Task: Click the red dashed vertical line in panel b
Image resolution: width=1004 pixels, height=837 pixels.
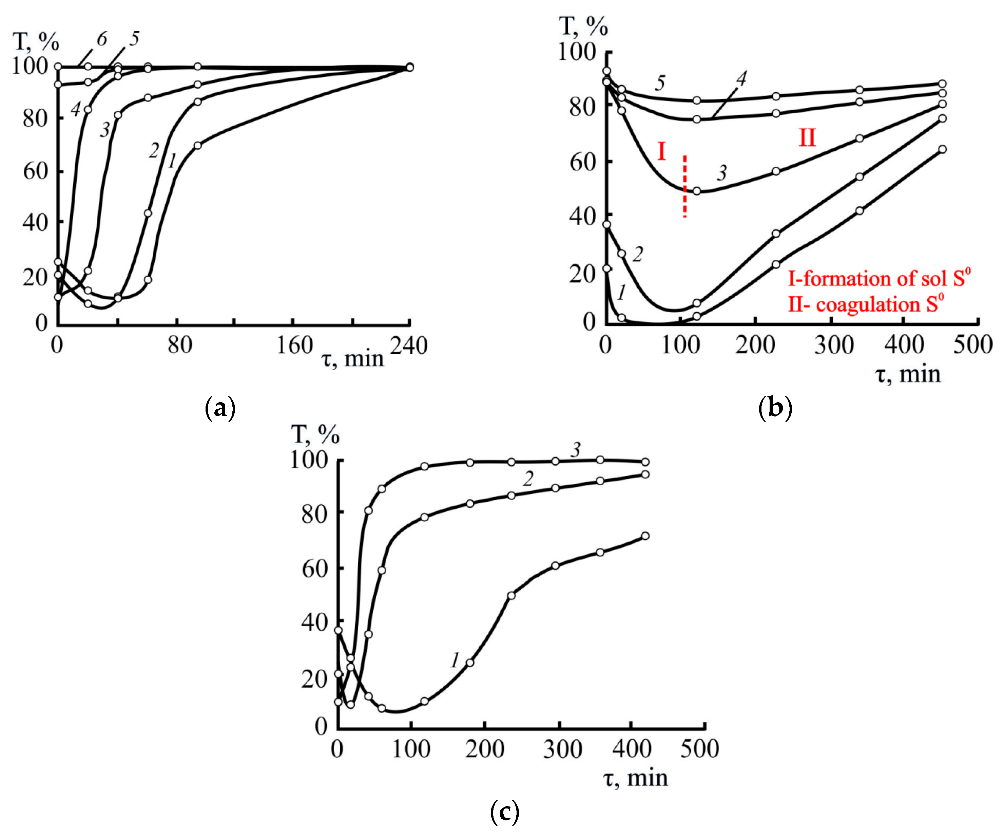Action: [x=684, y=187]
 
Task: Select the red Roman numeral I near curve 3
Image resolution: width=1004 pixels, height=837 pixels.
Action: [x=662, y=152]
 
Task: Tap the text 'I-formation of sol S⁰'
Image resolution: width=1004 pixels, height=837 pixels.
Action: [x=879, y=278]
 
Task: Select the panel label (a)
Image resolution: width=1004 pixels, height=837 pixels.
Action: [x=220, y=408]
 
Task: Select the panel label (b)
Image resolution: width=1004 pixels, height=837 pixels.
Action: [x=775, y=408]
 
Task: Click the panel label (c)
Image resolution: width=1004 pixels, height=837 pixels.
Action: [x=505, y=812]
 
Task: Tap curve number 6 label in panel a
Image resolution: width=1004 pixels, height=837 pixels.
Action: [x=102, y=40]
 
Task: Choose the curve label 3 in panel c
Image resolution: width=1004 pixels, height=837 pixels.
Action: [x=576, y=450]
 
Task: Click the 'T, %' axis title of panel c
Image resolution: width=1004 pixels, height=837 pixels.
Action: [x=315, y=435]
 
